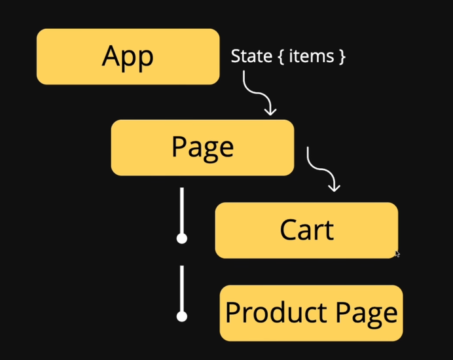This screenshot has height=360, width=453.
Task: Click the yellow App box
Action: click(x=128, y=56)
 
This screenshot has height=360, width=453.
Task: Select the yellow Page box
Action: click(x=202, y=147)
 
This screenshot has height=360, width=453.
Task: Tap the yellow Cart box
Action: click(x=306, y=230)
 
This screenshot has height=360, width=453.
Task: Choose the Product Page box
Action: click(x=311, y=313)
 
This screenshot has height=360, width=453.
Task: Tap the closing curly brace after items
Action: click(x=340, y=57)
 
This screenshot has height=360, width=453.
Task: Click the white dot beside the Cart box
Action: click(x=182, y=238)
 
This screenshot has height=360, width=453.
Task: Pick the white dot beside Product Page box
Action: click(x=182, y=316)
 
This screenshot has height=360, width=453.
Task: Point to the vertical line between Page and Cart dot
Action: click(x=182, y=209)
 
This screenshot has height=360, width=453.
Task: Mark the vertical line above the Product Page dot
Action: click(x=182, y=288)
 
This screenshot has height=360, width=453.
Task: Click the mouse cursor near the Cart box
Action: click(x=397, y=254)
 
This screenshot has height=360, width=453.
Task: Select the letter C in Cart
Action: click(x=287, y=230)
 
